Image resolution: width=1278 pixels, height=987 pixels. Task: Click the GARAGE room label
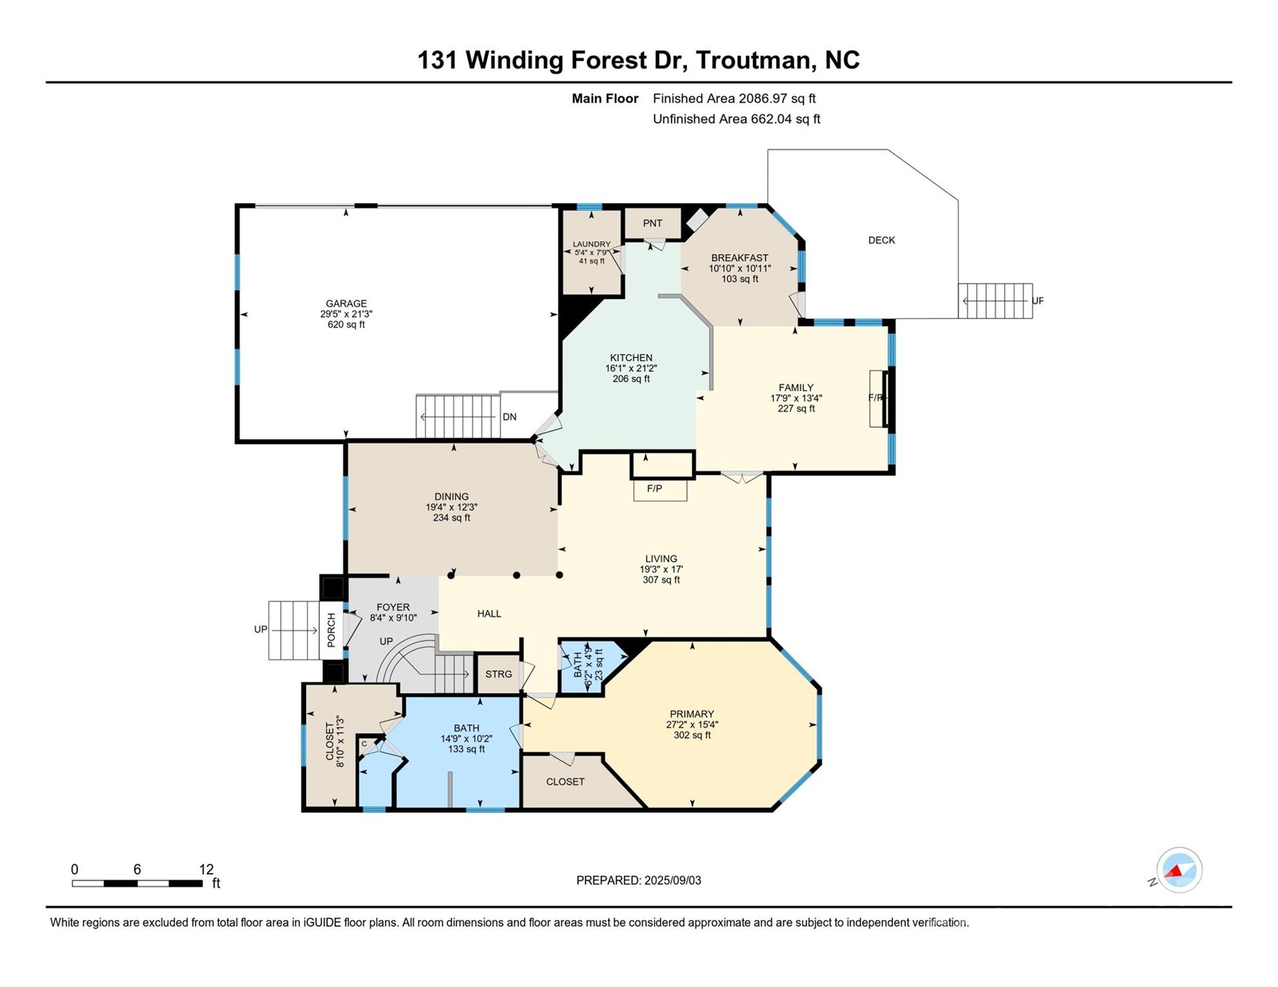pos(346,303)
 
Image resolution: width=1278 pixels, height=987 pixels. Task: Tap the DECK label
pos(881,240)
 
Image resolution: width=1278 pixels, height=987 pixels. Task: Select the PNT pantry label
pos(652,223)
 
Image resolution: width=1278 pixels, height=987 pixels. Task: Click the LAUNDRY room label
pos(591,244)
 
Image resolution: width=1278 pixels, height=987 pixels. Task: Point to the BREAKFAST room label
pos(740,258)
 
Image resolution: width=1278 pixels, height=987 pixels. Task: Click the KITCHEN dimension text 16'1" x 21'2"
pos(631,368)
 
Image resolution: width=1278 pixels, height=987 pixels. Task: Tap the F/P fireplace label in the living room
pos(654,488)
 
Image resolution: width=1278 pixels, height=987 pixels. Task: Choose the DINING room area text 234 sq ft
pos(451,517)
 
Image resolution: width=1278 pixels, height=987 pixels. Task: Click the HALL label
pos(489,614)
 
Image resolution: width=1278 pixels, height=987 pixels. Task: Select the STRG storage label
pos(499,674)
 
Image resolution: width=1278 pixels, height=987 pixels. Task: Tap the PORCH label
pos(331,630)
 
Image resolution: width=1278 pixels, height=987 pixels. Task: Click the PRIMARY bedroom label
pos(692,714)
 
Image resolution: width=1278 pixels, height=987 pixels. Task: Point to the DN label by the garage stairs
pos(510,417)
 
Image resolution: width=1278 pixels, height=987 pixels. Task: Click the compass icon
pos(1180,870)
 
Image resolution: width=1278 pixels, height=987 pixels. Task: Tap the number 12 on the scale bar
pos(206,869)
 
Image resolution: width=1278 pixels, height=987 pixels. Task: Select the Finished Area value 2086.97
pos(766,98)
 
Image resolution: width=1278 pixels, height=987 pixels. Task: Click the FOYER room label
pos(393,607)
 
